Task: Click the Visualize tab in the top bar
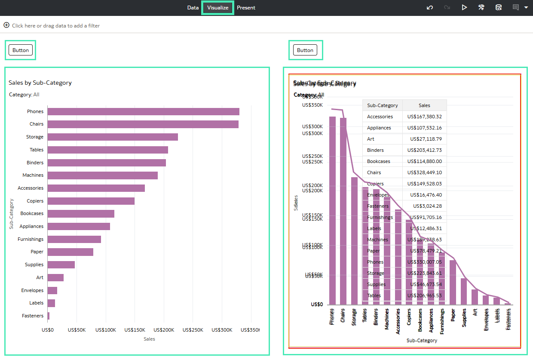[x=217, y=8]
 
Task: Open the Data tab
[x=193, y=8]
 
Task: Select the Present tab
[x=246, y=8]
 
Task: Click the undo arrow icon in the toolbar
[x=430, y=8]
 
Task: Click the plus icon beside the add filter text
[x=6, y=25]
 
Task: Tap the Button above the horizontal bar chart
[x=20, y=50]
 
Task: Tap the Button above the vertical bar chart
[x=305, y=50]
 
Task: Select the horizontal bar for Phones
[x=143, y=112]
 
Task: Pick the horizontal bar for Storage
[x=113, y=137]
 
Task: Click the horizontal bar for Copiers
[x=91, y=201]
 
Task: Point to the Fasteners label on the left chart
[x=33, y=316]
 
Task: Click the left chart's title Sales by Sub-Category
[x=40, y=83]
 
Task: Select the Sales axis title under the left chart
[x=149, y=339]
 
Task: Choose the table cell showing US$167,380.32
[x=424, y=117]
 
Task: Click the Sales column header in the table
[x=424, y=105]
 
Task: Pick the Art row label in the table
[x=371, y=139]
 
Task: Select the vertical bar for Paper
[x=453, y=282]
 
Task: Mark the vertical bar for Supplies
[x=464, y=291]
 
